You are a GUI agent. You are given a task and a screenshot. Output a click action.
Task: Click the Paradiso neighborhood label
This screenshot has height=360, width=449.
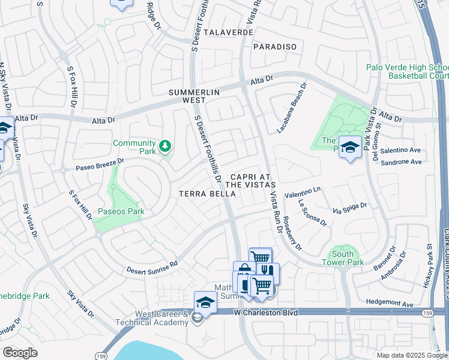275,46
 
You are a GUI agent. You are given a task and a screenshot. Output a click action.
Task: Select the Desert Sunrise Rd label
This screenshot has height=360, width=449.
152,267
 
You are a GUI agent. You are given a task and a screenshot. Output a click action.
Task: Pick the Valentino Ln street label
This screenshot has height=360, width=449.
303,192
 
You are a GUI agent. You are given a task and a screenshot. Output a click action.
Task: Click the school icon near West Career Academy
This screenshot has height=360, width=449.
205,302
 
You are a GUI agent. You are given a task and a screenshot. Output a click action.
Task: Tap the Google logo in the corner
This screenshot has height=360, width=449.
20,353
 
